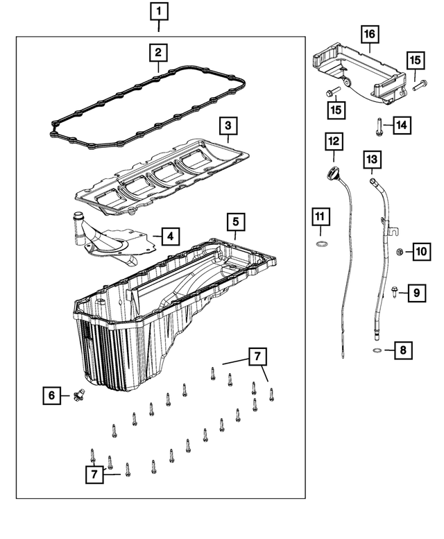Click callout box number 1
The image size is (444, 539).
(160, 11)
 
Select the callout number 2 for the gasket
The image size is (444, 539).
(159, 52)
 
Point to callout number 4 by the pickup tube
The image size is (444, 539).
(170, 237)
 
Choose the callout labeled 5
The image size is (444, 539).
(235, 222)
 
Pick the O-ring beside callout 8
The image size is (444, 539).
(375, 352)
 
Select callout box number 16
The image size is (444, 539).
(368, 33)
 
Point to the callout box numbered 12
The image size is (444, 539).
(334, 142)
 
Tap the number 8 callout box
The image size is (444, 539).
(404, 351)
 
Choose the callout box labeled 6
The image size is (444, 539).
(51, 395)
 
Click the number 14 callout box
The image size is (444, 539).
(403, 125)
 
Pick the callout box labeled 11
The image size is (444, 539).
(319, 217)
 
